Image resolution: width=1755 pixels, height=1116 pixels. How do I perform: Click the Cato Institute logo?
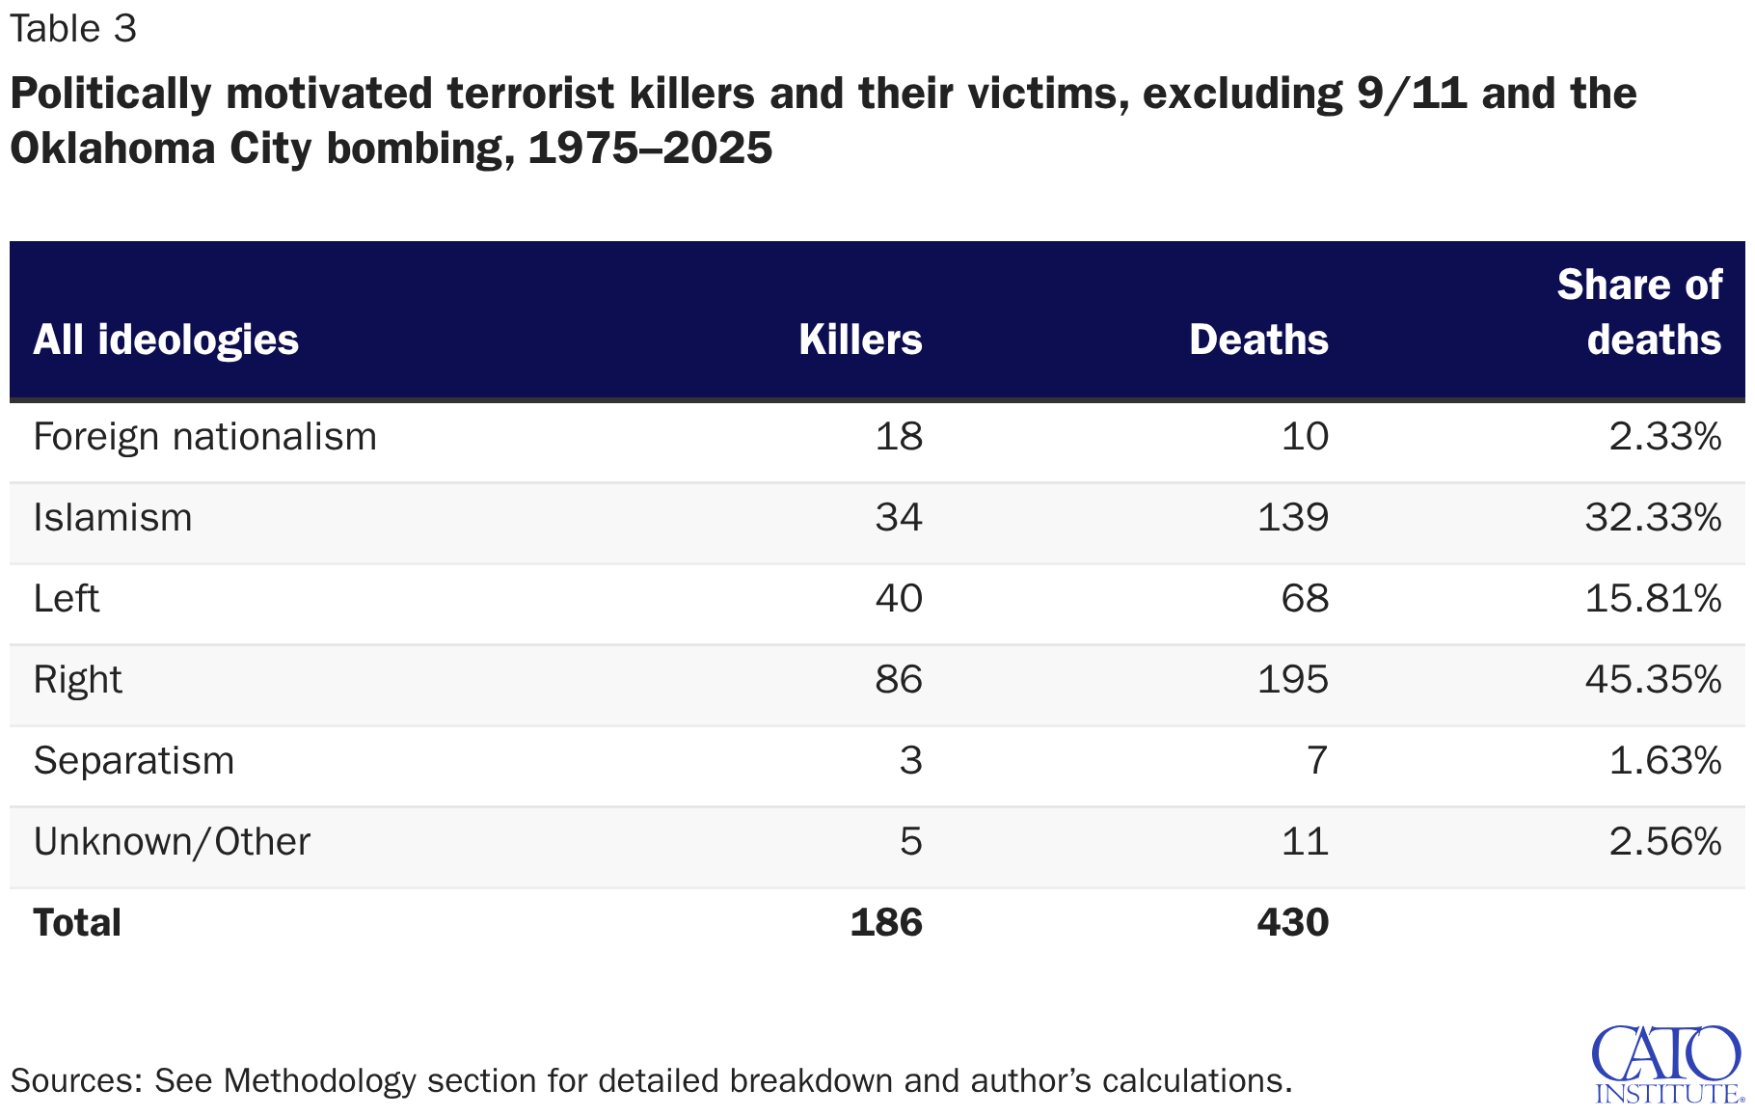coord(1668,1064)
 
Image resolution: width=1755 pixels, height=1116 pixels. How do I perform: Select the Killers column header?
coord(860,340)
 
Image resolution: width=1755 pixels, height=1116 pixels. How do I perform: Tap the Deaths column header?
coord(1258,340)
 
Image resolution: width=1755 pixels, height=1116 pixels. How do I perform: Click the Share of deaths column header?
coord(1639,313)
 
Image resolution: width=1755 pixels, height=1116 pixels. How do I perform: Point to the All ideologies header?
coord(166,340)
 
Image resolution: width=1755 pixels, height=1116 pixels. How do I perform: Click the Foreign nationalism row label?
coord(204,437)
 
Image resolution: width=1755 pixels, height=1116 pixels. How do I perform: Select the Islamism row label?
coord(113,518)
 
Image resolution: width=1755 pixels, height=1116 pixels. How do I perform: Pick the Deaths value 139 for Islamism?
coord(1292,518)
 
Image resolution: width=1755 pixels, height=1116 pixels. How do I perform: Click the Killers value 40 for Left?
coord(899,599)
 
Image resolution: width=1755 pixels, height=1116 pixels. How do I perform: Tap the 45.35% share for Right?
coord(1653,680)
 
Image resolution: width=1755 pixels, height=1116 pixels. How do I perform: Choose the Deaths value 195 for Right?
coord(1292,680)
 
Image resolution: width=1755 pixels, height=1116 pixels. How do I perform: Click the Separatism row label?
coord(134,761)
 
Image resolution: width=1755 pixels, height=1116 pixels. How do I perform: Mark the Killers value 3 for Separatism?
coord(910,761)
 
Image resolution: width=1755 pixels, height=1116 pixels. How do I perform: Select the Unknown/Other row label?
coord(172,842)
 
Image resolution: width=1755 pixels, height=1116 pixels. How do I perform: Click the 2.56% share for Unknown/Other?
coord(1664,842)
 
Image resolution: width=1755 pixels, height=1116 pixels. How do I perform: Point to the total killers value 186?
coord(886,923)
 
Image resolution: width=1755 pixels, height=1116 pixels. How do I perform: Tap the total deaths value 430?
coord(1292,923)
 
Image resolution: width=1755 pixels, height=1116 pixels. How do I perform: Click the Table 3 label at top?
coord(73,29)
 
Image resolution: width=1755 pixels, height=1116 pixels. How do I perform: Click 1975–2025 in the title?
coord(650,149)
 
